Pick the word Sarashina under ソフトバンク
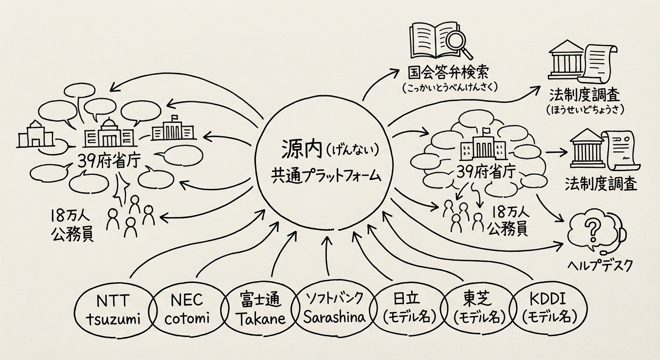334,317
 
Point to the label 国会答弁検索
448,73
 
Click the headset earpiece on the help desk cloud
623,233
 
